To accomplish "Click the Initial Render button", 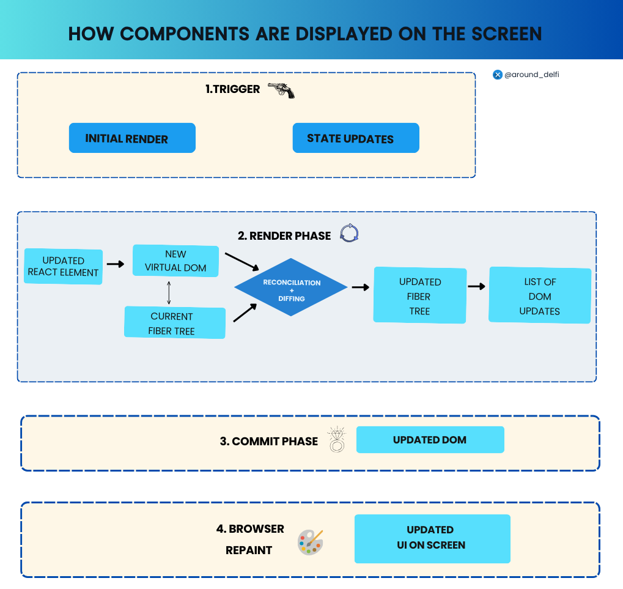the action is [x=132, y=138].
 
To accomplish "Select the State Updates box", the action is [x=356, y=138].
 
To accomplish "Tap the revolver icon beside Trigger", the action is [x=281, y=91].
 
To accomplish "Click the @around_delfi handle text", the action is [x=532, y=75].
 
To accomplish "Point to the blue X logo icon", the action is [x=498, y=75].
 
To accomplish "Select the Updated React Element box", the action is [x=63, y=266].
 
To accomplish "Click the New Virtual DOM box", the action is [x=175, y=261].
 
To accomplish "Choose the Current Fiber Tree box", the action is [x=175, y=322].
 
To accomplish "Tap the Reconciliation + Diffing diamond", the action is [x=291, y=287].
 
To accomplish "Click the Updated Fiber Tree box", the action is [x=419, y=295].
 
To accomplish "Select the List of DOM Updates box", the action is [x=540, y=295].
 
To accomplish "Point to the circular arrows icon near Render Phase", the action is [x=349, y=233].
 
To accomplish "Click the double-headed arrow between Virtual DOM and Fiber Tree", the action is [x=169, y=293].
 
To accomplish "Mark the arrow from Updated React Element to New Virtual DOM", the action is [x=116, y=264].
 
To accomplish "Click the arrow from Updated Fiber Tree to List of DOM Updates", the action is [x=476, y=286].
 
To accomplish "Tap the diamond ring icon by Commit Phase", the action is [x=337, y=440].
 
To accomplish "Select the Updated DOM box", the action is [x=430, y=440].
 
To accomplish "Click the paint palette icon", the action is [x=311, y=542].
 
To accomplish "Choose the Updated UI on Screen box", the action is [x=432, y=538].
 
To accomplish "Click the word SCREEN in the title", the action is [x=507, y=34].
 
